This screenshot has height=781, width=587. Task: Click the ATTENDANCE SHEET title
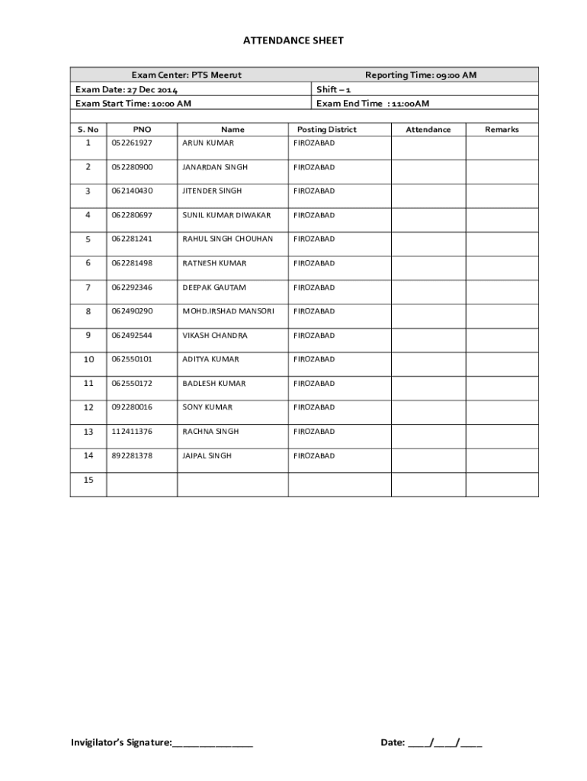(x=293, y=40)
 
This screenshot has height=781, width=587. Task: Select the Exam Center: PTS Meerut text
(x=186, y=75)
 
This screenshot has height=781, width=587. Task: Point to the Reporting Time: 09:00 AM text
(x=421, y=75)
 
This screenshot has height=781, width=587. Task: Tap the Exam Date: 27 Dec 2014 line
(x=127, y=89)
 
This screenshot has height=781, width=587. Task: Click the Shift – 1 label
(x=334, y=89)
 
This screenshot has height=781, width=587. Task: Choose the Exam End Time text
(x=373, y=104)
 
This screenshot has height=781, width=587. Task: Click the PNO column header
(x=142, y=130)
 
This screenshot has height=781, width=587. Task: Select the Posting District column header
(x=326, y=130)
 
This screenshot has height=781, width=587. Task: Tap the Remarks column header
(x=502, y=130)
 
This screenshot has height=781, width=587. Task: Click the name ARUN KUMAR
(x=208, y=143)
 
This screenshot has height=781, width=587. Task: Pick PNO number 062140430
(x=132, y=191)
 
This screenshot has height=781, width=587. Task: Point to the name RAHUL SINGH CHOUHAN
(x=227, y=239)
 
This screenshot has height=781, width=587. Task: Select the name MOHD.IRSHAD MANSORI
(x=228, y=311)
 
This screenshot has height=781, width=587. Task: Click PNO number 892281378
(x=132, y=455)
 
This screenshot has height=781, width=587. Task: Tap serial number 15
(x=88, y=480)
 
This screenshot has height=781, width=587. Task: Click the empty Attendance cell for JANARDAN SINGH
(x=428, y=168)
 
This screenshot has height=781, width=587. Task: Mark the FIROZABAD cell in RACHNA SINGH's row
(x=314, y=432)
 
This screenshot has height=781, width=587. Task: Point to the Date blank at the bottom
(x=444, y=742)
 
